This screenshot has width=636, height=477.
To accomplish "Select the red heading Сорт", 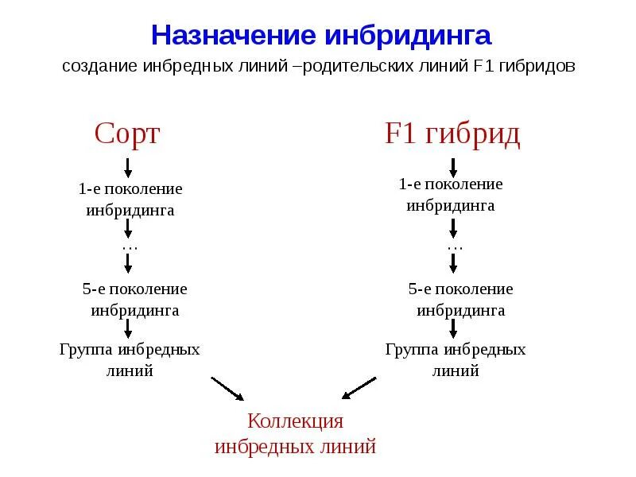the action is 127,134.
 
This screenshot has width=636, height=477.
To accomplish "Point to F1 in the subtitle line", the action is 483,67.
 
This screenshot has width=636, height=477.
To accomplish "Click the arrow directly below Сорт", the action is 129,167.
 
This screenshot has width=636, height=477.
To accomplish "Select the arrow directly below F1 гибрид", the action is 453,167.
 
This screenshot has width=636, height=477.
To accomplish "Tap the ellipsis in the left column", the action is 130,247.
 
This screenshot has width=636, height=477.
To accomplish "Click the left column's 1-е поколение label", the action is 130,189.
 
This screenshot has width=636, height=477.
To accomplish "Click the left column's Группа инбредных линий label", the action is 130,359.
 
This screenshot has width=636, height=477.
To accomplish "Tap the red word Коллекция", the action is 295,421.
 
